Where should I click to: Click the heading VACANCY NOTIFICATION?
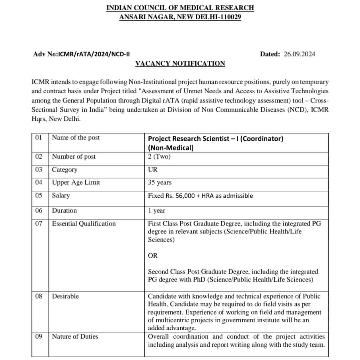tap(180, 63)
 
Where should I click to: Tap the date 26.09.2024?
tap(299, 54)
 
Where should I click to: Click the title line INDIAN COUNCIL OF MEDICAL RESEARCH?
tap(180, 8)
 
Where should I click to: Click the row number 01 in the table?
tap(39, 137)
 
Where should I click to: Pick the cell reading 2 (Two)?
tap(159, 156)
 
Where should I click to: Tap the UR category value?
tap(153, 170)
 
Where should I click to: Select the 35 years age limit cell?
tap(160, 183)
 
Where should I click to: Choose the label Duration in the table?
tap(64, 210)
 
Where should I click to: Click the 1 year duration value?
tap(156, 211)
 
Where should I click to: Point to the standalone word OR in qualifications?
tap(153, 256)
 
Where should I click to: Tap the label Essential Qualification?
tap(84, 224)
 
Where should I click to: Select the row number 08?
tap(39, 296)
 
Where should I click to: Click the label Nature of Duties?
tap(75, 337)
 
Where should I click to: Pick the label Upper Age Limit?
tap(76, 182)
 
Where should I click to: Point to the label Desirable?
tap(65, 296)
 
